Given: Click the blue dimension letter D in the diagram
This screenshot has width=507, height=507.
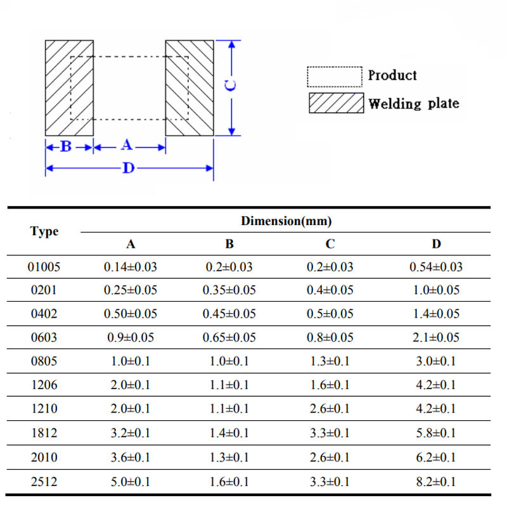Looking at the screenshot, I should coord(128,169).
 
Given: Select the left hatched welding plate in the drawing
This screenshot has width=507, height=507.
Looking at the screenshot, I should coord(69,87).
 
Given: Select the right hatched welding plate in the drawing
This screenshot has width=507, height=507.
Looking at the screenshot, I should coord(189,87).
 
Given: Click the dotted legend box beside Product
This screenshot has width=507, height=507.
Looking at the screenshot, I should coord(334,77).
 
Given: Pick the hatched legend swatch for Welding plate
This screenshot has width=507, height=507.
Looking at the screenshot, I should coord(337,103).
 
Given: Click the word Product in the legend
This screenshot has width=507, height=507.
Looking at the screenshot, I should coord(392,75).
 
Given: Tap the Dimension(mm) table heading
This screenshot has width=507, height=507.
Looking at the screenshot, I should coord(286,221).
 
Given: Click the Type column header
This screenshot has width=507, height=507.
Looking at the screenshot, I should coord(44,232).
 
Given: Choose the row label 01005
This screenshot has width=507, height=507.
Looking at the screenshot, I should coord(44,267).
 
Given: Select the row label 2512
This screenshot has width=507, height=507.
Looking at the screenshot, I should coord(44,482).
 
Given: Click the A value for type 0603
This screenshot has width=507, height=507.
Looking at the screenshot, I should coord(130,338).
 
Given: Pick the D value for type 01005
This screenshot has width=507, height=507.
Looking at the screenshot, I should coord(436,267).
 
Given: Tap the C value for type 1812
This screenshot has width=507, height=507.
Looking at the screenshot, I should coord(330,433).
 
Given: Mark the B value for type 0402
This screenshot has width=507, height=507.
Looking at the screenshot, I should coord(229,314).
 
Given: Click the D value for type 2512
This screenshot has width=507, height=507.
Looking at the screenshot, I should coord(436,482).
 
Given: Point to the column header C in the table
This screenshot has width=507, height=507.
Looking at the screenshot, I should coord(330,244).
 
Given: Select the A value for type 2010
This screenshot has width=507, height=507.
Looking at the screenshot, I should coord(130,458).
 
